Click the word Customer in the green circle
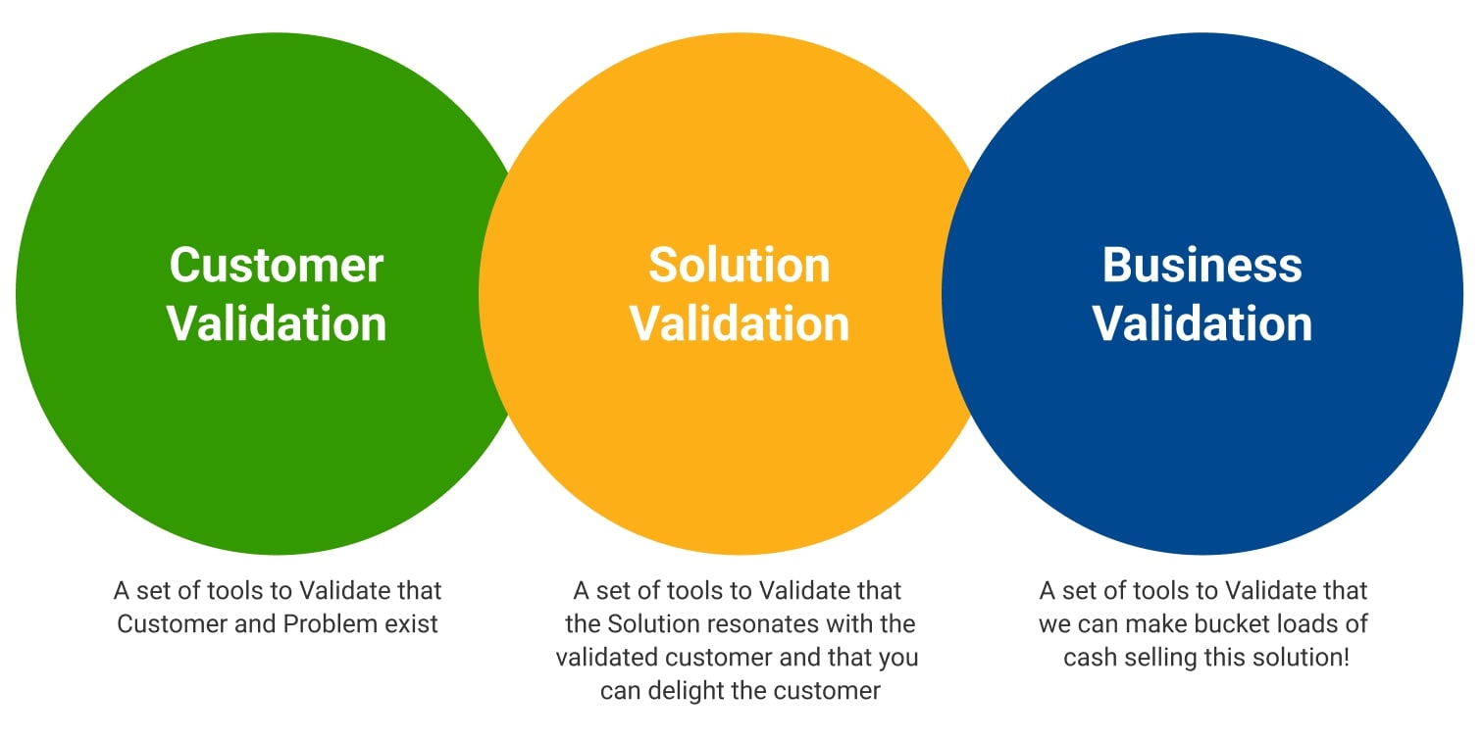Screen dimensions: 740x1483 (277, 265)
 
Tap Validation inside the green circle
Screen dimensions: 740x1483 (277, 323)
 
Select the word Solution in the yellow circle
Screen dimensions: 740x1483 (740, 265)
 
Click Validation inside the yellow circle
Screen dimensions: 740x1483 (740, 323)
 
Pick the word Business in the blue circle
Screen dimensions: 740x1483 (1202, 265)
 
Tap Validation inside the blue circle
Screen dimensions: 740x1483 (1202, 323)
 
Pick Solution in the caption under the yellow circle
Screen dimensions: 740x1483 (649, 623)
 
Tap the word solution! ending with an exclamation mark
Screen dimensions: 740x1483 (1304, 657)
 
